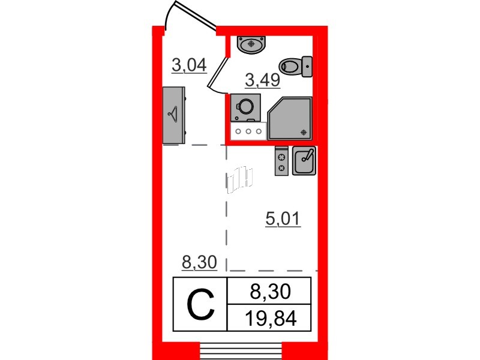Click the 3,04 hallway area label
click(189, 65)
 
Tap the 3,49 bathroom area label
click(263, 80)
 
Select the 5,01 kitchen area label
click(283, 219)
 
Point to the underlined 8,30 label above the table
click(199, 262)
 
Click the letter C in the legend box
click(200, 305)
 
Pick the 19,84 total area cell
click(271, 319)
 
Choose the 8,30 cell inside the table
click(270, 292)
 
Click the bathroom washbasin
click(251, 44)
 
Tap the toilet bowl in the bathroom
click(290, 66)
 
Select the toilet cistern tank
click(307, 67)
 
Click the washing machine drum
click(246, 106)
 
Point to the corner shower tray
click(290, 118)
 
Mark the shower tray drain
click(304, 132)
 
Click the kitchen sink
click(304, 161)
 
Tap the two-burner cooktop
click(281, 161)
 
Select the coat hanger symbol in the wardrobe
click(173, 115)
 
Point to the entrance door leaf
click(195, 15)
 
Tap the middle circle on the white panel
click(248, 131)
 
